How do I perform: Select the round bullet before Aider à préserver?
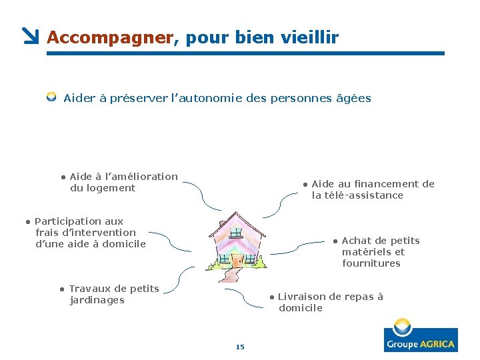[51, 97]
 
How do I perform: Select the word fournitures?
[371, 263]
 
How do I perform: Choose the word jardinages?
[97, 300]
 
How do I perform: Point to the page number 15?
[240, 346]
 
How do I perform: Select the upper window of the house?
[235, 233]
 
